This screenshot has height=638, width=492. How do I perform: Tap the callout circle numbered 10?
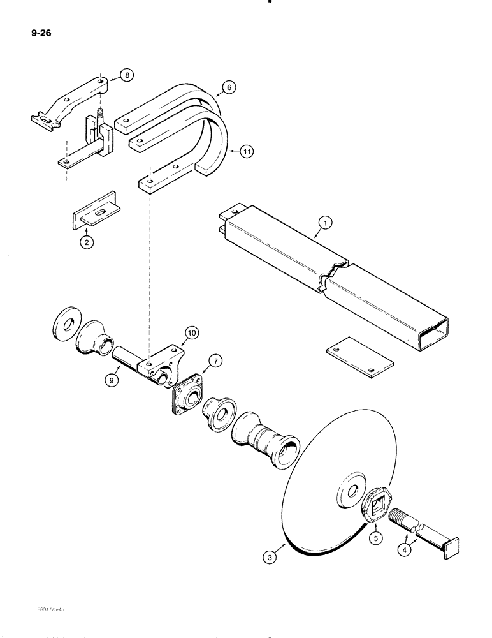click(x=190, y=331)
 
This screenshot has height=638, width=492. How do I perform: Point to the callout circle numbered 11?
click(x=246, y=152)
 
